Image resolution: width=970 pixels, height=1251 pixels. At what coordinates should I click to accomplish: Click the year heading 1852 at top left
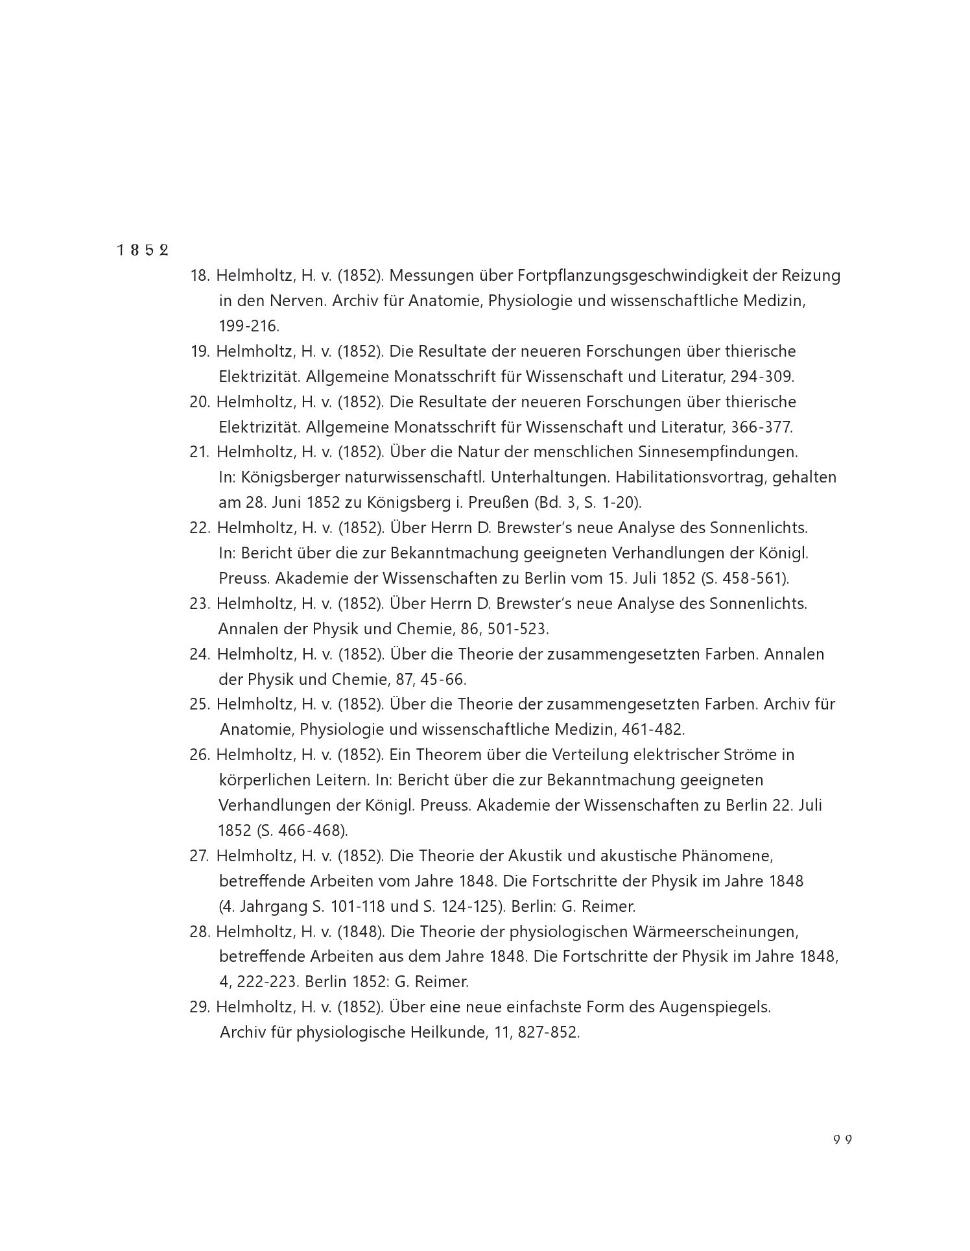tap(143, 250)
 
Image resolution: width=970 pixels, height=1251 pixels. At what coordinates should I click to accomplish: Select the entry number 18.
tap(199, 276)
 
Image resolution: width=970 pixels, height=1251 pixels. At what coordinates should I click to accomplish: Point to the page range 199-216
tap(249, 326)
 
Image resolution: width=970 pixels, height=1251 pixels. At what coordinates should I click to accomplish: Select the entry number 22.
tap(200, 528)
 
